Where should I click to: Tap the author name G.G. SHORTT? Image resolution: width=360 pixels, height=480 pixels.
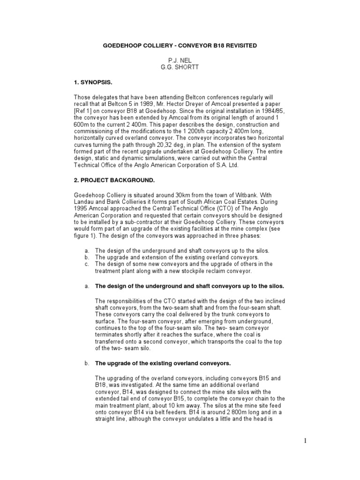tap(180, 67)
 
